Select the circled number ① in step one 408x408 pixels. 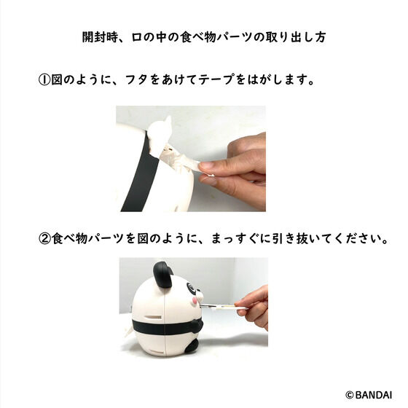coord(44,79)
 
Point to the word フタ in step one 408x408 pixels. coord(137,79)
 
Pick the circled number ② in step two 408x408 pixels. coord(44,239)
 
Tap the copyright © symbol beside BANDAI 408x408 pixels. coord(350,395)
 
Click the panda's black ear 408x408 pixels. coord(162,275)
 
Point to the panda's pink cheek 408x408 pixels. coord(194,301)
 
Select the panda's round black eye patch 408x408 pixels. coord(191,289)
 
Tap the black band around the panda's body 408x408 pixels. coord(167,327)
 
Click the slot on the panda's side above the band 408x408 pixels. coord(152,317)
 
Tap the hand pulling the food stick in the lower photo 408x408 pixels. coord(254,307)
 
